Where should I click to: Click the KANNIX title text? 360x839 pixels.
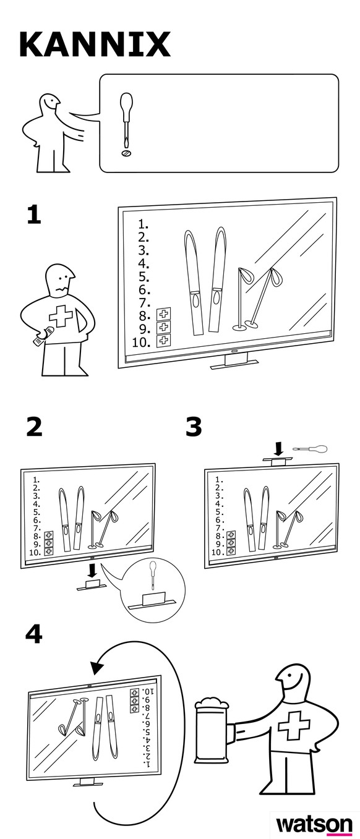[x=95, y=44]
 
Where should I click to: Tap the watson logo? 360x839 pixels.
[x=314, y=825]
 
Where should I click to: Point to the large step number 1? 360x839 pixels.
[x=34, y=215]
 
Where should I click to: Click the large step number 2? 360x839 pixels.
[x=35, y=427]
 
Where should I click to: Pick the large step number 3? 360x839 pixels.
[x=193, y=427]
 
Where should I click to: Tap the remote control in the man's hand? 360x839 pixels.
[x=43, y=336]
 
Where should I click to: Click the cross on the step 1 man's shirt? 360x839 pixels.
[x=61, y=316]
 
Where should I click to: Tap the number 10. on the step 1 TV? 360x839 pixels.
[x=141, y=342]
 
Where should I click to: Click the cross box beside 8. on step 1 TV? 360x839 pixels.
[x=163, y=314]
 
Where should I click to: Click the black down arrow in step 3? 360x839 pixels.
[x=279, y=449]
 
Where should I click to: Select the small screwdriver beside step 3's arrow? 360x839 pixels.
[x=309, y=449]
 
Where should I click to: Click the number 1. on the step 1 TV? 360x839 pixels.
[x=144, y=224]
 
